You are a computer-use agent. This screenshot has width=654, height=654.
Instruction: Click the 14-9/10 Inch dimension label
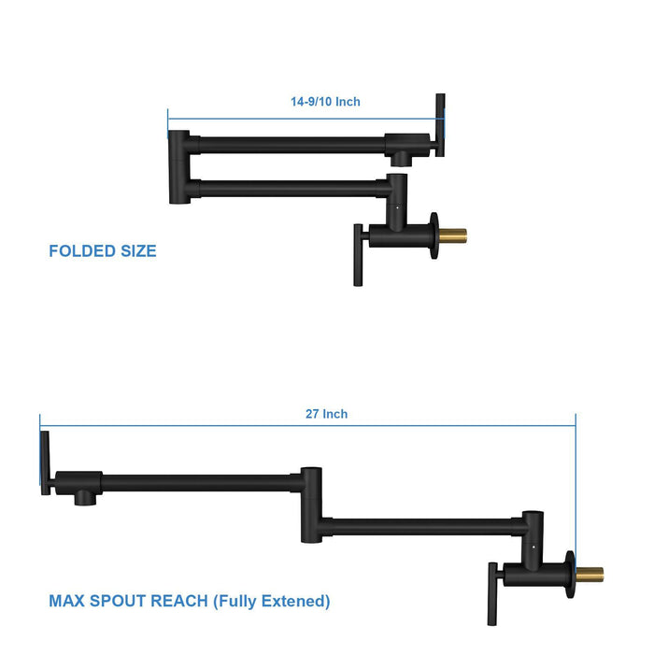[x=325, y=102]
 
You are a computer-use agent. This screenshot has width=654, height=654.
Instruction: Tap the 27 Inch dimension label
[x=326, y=414]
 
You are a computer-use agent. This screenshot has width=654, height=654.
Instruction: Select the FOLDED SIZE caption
[x=103, y=251]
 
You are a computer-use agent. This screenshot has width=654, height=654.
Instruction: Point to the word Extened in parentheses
[x=293, y=601]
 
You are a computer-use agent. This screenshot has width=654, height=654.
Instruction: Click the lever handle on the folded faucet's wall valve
[x=358, y=254]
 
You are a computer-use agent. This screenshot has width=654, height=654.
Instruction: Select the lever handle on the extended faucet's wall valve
[x=491, y=594]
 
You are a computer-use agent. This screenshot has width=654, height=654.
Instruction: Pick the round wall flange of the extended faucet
[x=568, y=573]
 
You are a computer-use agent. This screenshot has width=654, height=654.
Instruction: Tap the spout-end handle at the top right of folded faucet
[x=438, y=125]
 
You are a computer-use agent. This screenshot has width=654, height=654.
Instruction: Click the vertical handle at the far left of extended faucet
[x=45, y=463]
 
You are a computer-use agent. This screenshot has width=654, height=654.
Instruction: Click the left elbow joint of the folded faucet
[x=178, y=166]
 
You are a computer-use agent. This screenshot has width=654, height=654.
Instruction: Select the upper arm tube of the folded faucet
[x=290, y=145]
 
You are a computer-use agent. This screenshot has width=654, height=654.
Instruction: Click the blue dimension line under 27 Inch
[x=308, y=427]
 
